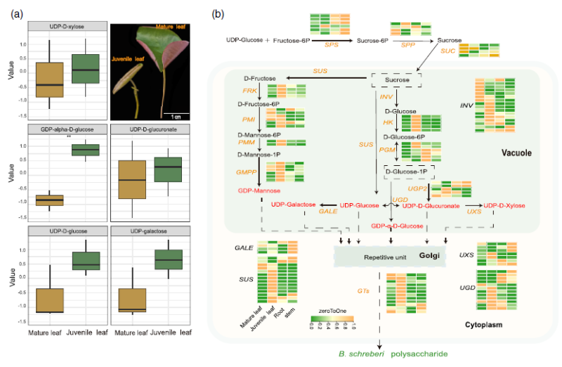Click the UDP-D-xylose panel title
pos(68,26)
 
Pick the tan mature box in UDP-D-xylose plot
pos(50,80)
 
